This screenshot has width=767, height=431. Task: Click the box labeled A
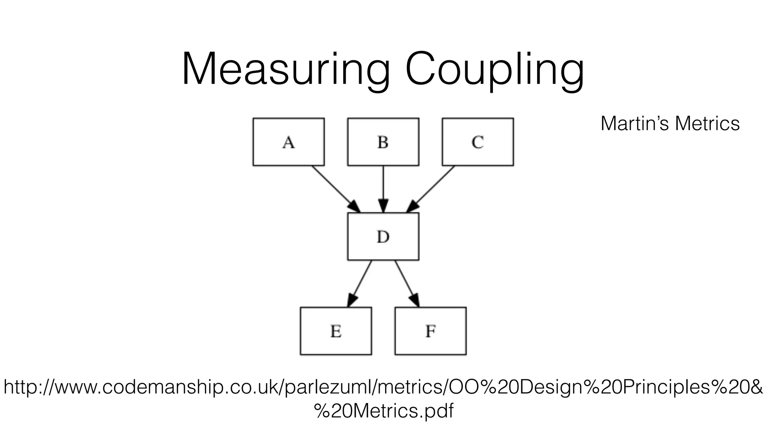288,142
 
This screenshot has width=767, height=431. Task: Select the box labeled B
383,142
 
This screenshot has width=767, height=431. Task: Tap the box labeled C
478,142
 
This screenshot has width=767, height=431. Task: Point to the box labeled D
383,236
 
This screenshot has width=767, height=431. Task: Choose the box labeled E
336,331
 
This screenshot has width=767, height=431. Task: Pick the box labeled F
430,331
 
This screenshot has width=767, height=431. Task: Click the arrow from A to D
333,187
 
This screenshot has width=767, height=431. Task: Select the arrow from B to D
383,185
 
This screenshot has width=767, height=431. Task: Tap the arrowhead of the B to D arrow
383,206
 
